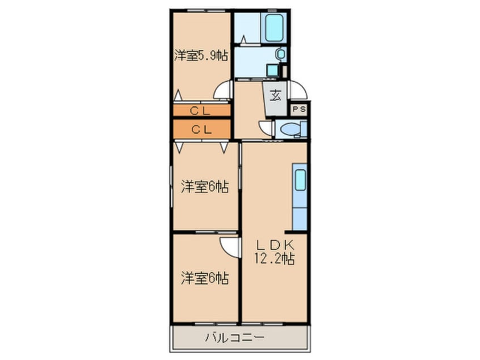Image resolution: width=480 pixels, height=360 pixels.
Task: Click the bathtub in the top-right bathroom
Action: click(x=274, y=28)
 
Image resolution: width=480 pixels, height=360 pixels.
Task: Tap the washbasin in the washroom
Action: click(x=280, y=54)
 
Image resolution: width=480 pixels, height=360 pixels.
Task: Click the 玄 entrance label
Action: click(x=275, y=95)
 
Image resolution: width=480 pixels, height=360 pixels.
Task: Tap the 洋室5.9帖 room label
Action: click(x=201, y=56)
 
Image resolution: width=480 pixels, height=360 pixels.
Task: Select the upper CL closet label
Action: click(x=201, y=110)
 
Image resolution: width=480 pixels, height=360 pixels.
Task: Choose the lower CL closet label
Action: click(x=201, y=129)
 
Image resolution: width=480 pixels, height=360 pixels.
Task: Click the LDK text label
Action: click(x=274, y=245)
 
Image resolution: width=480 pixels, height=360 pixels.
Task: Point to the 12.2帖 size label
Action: click(x=274, y=259)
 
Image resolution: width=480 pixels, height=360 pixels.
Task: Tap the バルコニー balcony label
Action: click(x=238, y=338)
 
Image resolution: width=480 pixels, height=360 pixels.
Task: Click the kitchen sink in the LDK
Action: click(x=300, y=180)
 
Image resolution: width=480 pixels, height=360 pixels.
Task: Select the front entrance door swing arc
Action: click(x=298, y=90)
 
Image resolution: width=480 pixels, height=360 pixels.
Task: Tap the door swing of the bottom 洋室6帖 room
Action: click(x=229, y=246)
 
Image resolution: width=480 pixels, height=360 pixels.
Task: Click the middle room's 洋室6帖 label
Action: click(x=205, y=186)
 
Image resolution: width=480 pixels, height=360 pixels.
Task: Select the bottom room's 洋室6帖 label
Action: click(x=205, y=278)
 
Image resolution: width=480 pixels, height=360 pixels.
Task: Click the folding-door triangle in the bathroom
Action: click(x=243, y=40)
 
